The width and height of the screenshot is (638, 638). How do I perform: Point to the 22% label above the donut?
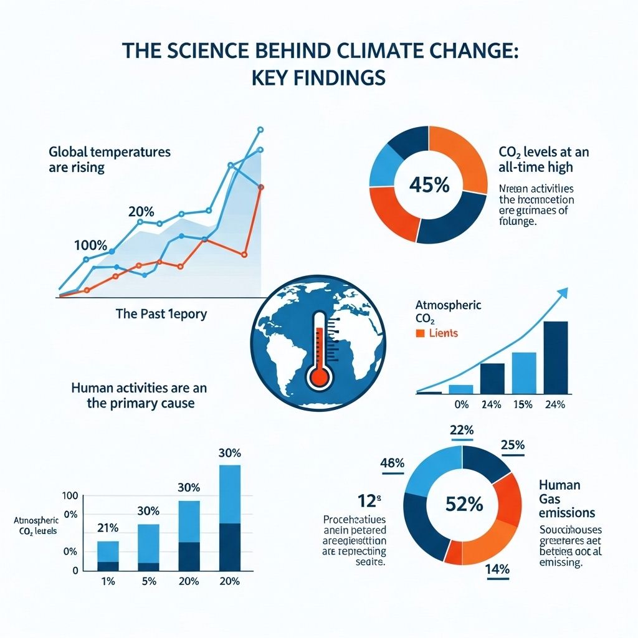[x=461, y=430]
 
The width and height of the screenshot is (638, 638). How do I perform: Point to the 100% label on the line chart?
[x=90, y=245]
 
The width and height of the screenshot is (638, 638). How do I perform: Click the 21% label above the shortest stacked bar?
[x=108, y=529]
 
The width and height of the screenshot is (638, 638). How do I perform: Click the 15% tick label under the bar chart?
[x=523, y=405]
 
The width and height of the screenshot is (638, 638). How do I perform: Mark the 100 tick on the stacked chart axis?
[x=70, y=496]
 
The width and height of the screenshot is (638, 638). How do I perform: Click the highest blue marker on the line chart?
[x=260, y=130]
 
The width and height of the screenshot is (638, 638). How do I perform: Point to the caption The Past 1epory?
[x=161, y=314]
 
